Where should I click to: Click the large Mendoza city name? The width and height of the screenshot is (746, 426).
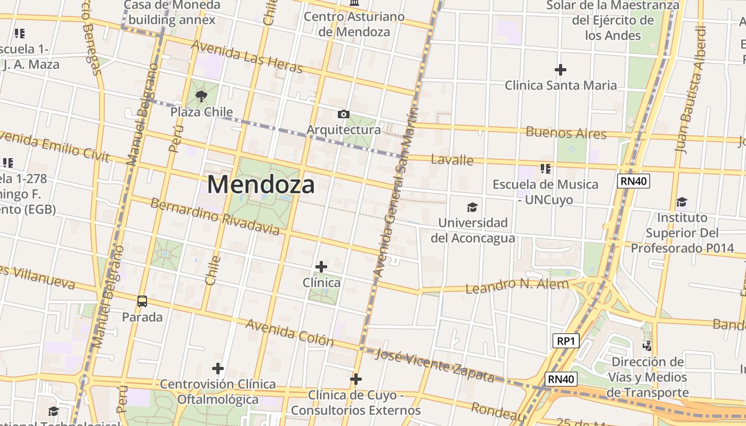click(x=261, y=185)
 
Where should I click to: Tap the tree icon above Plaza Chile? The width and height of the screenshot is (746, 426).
click(x=201, y=96)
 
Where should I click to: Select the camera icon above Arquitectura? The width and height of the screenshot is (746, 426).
click(x=344, y=114)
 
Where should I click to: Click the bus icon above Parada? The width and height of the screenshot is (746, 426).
click(x=142, y=301)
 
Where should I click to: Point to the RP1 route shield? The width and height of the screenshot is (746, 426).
click(x=565, y=341)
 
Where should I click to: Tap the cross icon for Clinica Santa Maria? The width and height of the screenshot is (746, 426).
click(x=560, y=70)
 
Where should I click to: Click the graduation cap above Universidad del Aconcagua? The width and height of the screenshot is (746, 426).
click(x=472, y=207)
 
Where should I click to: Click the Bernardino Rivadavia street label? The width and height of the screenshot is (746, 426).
click(x=214, y=217)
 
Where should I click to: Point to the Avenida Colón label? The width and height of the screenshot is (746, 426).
click(x=289, y=333)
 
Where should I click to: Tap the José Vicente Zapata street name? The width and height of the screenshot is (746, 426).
click(x=434, y=365)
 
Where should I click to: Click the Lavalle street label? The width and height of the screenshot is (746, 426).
click(x=452, y=160)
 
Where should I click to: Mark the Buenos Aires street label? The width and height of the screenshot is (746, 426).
click(x=566, y=133)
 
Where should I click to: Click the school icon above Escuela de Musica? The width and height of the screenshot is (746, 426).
click(x=545, y=169)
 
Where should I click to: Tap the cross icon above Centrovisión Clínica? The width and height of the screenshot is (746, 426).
click(x=217, y=368)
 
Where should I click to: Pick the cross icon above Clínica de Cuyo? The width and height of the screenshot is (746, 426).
click(x=356, y=379)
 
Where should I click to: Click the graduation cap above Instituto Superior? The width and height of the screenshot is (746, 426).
click(x=682, y=202)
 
